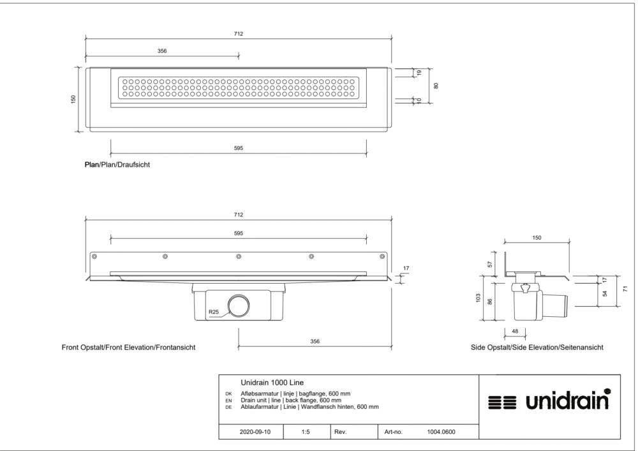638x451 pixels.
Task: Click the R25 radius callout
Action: [214, 312]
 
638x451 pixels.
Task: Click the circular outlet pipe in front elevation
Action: [239, 306]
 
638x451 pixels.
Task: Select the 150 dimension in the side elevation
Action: [537, 238]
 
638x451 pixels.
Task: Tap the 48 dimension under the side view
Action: [515, 331]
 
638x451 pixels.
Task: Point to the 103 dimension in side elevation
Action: [478, 298]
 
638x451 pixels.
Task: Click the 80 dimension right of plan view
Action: [436, 86]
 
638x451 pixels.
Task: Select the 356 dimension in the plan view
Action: [162, 51]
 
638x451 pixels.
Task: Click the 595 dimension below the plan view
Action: [239, 148]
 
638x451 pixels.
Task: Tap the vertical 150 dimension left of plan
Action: [73, 99]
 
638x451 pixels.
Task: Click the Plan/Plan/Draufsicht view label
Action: [117, 165]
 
